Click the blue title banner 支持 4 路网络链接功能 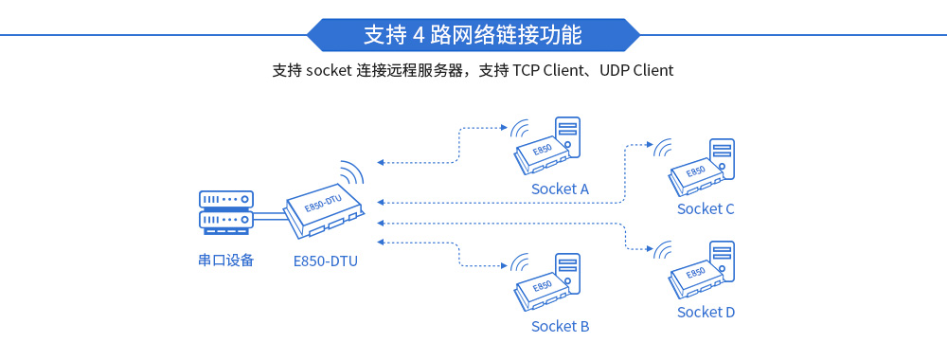point(473,35)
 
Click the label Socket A point(560,189)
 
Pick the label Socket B point(560,326)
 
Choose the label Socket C point(706,208)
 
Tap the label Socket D point(706,312)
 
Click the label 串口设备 point(225,260)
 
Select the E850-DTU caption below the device point(326,261)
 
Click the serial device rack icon point(225,211)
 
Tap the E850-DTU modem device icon point(324,210)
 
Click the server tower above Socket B point(568,274)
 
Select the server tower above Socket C point(723,158)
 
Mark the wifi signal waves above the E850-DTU point(352,172)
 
